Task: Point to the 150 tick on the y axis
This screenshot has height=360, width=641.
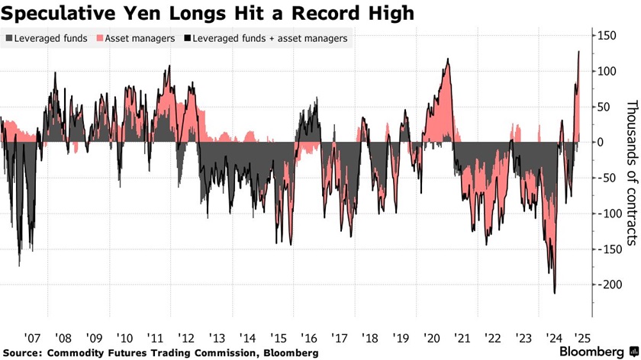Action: point(607,36)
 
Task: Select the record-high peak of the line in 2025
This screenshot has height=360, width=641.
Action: point(578,52)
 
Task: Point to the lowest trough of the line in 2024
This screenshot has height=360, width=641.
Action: point(554,293)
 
